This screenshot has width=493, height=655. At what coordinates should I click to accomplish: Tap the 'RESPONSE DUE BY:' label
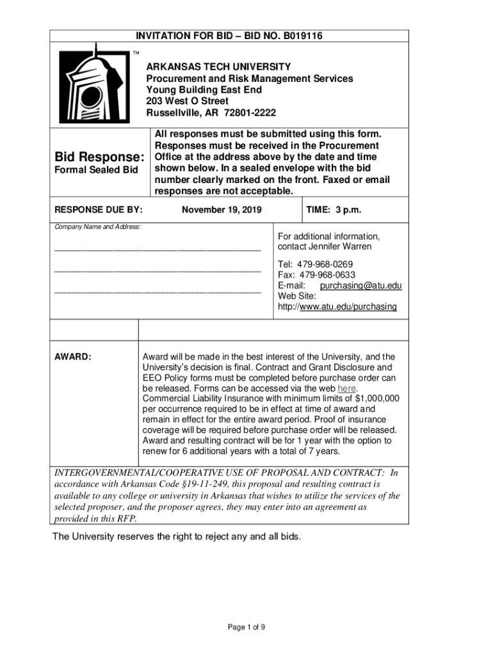(x=98, y=210)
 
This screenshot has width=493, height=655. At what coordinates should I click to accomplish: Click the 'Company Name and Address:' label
(x=97, y=227)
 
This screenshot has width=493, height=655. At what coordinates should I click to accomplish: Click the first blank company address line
(x=158, y=248)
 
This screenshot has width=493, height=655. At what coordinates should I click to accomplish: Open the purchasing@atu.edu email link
(x=360, y=286)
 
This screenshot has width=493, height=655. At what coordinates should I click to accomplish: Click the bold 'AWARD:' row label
(x=73, y=356)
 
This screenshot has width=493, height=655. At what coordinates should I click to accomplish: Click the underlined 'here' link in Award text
(x=346, y=388)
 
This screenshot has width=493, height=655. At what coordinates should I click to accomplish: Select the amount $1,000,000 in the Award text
(x=377, y=399)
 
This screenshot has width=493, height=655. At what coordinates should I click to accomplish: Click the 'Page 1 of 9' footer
(x=247, y=627)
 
